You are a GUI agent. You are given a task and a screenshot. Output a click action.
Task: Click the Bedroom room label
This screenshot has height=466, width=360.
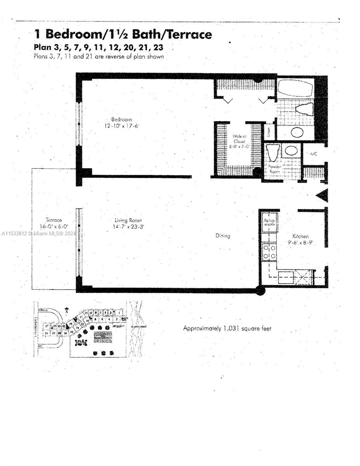point(122,119)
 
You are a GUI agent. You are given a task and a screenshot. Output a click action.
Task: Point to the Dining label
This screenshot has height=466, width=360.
point(223,236)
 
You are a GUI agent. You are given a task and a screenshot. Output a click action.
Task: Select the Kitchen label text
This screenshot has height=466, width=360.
point(301,236)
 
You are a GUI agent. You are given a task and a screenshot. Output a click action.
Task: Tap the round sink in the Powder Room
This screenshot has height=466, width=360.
point(291,150)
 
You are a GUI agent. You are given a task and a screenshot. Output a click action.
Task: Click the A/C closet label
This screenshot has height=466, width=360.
point(313,154)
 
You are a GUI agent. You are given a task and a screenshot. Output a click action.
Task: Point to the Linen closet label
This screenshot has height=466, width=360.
point(269,132)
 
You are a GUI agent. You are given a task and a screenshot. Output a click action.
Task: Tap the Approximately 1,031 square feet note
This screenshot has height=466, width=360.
point(227,329)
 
